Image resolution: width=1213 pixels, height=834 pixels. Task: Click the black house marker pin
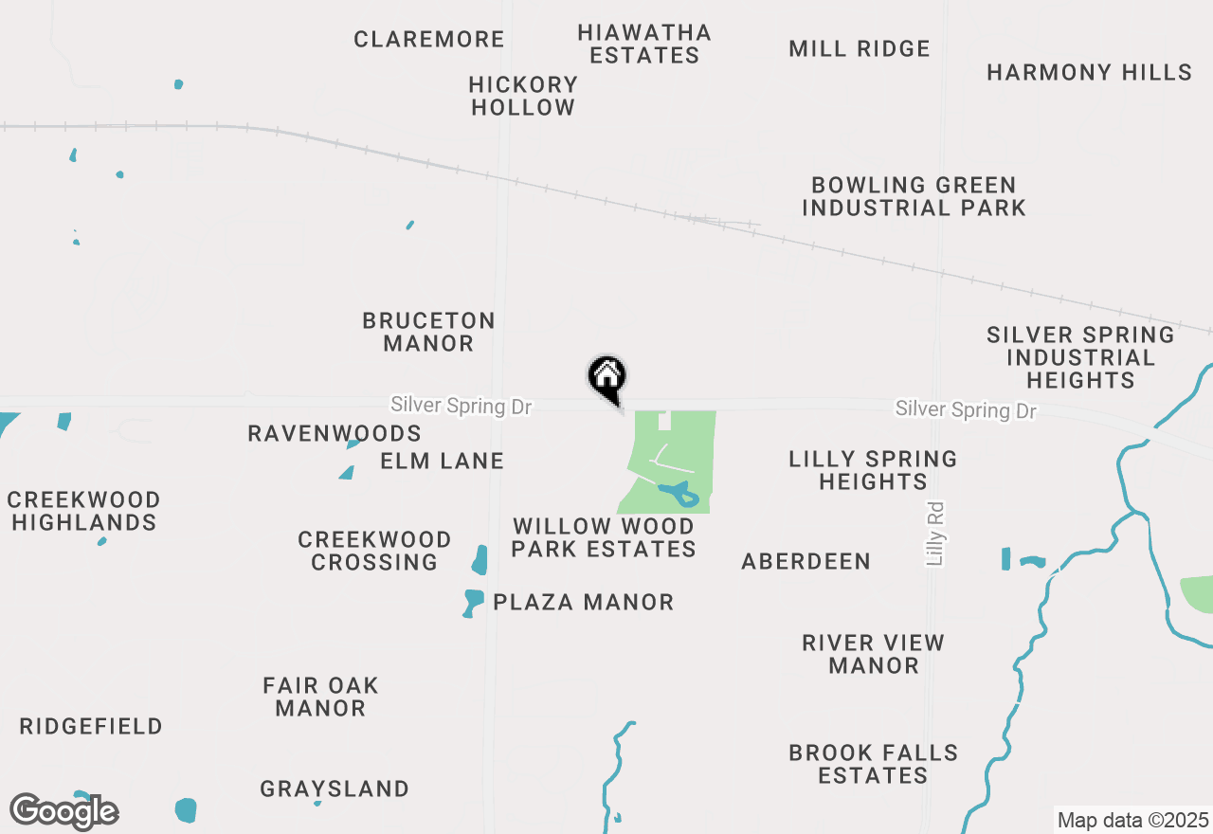point(608,377)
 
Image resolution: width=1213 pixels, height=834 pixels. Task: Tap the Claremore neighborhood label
point(429,40)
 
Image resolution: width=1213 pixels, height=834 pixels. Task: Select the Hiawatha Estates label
point(644,44)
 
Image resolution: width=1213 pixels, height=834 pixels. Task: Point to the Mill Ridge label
point(860,49)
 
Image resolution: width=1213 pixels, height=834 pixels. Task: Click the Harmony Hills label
point(1089,73)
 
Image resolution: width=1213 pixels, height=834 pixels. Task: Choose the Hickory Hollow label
point(523,96)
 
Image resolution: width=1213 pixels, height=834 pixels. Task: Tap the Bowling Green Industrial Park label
point(914,196)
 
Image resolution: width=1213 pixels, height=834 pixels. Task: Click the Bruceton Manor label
point(429,332)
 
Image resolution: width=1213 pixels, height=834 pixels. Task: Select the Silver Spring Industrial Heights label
point(1080,357)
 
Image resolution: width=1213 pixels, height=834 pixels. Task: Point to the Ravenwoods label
point(335,434)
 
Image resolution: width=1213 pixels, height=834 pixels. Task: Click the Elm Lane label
point(443,462)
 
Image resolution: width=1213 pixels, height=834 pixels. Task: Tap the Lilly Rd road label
point(936,535)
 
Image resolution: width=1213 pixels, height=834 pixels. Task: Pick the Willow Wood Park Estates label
point(604,537)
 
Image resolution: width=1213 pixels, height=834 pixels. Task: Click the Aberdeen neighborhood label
point(806,562)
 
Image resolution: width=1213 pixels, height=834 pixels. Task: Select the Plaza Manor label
point(584,603)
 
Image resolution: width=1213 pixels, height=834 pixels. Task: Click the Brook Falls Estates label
point(873,764)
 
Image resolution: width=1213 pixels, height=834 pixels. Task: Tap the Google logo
point(64,811)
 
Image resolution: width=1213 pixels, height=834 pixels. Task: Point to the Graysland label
point(335,789)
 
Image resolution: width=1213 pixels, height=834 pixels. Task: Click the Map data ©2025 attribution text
point(1132,820)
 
